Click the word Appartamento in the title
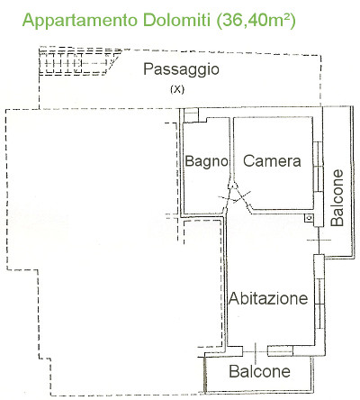80,21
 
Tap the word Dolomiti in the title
176,21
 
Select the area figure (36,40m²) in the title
256,21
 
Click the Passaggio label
181,70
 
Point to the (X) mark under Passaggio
177,89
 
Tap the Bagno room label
206,162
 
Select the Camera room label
272,161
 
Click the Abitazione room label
268,298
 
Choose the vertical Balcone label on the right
337,198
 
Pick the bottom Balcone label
259,371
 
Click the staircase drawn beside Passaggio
78,62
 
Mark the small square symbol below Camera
310,218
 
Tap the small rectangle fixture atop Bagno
191,115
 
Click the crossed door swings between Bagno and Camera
235,196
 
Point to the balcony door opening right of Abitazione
319,241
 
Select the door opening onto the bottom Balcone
255,351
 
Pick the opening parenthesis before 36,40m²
218,22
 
